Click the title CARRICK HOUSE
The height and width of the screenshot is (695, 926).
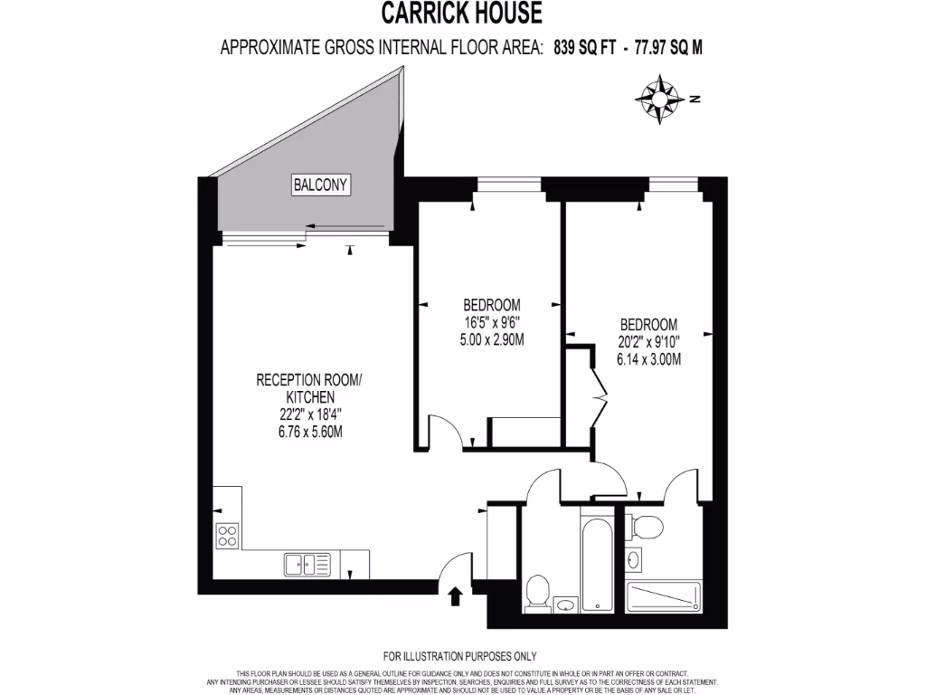461,14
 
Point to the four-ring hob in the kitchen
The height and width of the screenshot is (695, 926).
228,536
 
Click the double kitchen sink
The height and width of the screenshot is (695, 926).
307,564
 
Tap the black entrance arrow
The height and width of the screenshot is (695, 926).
455,594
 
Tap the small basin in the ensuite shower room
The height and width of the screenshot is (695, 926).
633,560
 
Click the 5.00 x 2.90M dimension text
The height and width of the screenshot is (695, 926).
492,340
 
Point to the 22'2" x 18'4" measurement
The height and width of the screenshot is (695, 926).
309,414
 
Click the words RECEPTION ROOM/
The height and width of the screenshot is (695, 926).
309,380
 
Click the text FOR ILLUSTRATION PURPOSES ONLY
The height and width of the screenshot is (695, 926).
459,656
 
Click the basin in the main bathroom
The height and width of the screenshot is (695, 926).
566,605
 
